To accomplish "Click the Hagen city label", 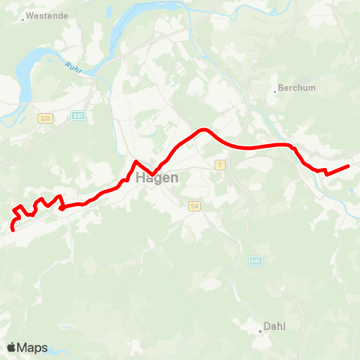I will click(x=157, y=178).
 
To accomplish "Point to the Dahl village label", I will click(x=276, y=327).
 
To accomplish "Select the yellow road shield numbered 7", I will click(x=220, y=164).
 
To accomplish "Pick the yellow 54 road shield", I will click(x=193, y=205).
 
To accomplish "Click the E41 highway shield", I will click(x=255, y=259).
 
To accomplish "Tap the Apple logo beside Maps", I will click(x=12, y=347).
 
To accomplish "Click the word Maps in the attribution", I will click(x=32, y=348).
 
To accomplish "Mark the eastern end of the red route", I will click(x=349, y=166).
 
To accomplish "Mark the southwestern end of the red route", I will click(x=13, y=230).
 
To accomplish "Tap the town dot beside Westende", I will click(x=23, y=19).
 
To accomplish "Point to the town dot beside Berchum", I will click(x=274, y=93).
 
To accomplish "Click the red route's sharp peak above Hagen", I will click(x=135, y=161).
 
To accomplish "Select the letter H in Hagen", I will click(x=141, y=178).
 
